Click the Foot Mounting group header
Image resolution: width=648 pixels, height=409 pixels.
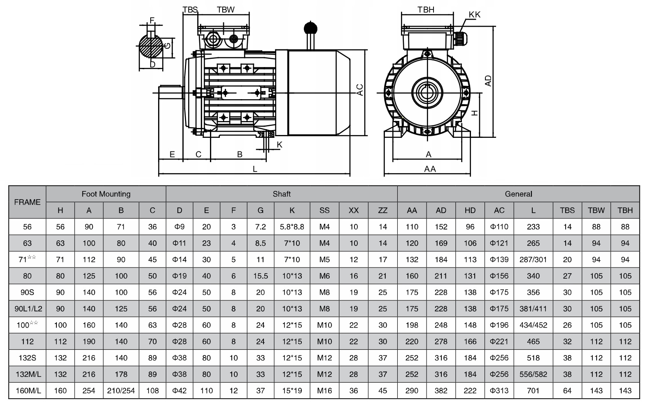pos(106,194)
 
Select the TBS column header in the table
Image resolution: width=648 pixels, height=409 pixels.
pos(567,210)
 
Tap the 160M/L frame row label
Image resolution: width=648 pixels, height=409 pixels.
pos(28,390)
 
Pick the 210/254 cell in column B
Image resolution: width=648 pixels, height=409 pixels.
pos(121,390)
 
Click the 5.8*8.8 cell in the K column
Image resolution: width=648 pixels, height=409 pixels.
pos(292,227)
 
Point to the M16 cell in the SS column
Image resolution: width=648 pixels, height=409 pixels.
pos(324,390)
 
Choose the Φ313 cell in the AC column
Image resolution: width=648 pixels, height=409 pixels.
pos(499,390)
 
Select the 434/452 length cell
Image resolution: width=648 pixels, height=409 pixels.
pos(533,325)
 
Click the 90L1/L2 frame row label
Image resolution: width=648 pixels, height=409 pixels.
pos(28,309)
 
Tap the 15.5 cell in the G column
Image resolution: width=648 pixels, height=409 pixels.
pos(261,276)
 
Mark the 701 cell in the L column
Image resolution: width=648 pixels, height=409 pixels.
pos(533,390)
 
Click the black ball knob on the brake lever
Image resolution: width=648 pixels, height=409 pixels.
pos(311,28)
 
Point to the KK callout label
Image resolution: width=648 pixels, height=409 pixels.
pos(474,14)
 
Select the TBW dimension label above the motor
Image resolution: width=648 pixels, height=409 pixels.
pos(226,9)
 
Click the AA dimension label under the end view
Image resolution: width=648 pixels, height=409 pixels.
pos(430,169)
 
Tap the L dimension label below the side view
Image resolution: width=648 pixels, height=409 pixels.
pos(255,169)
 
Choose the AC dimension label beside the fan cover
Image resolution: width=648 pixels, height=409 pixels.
pos(360,90)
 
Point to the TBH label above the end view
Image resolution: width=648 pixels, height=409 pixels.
pos(426,9)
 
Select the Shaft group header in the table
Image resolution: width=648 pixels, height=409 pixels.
pos(282,194)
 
